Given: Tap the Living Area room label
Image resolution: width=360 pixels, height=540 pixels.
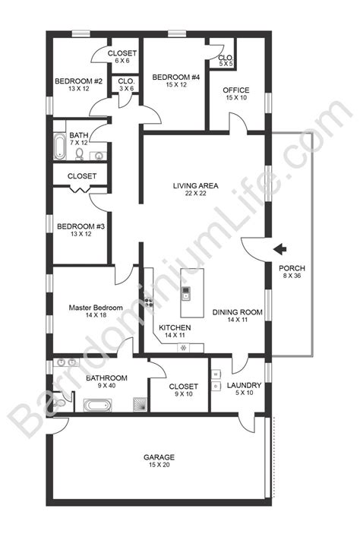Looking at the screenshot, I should [x=190, y=184].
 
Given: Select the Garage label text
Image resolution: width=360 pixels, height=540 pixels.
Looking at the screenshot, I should [x=159, y=458].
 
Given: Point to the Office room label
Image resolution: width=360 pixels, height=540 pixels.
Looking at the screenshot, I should [x=236, y=91].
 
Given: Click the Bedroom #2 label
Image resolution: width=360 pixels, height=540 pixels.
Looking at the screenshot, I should [x=73, y=81].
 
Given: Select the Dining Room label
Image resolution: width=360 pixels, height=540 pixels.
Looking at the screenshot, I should [x=237, y=311].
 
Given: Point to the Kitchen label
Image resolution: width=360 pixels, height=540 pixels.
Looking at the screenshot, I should [x=175, y=327].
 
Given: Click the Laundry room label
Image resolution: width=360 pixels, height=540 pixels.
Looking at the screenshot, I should [x=245, y=385].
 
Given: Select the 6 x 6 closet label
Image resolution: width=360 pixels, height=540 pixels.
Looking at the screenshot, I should [x=122, y=53].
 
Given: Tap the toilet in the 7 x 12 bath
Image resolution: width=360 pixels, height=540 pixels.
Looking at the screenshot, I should [x=79, y=154].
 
